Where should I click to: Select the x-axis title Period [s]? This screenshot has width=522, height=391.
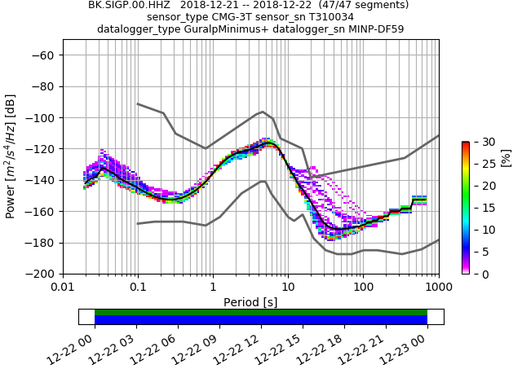point(250,302)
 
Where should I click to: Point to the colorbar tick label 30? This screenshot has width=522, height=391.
point(480,142)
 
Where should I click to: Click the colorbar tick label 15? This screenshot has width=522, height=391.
point(480,208)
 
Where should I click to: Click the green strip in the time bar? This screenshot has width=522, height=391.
point(261,312)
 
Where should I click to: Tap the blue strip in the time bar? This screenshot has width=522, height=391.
point(261,320)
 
